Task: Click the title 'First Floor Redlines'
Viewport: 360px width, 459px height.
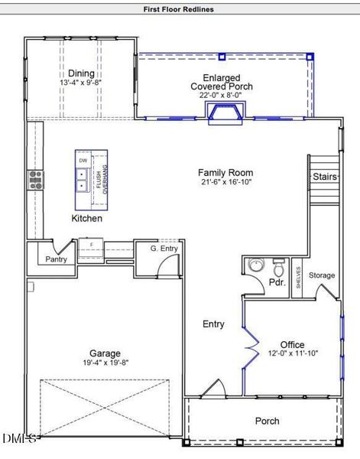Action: pyautogui.click(x=179, y=9)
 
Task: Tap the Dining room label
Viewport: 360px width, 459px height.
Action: pyautogui.click(x=81, y=73)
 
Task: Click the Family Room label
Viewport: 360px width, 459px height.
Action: pyautogui.click(x=225, y=173)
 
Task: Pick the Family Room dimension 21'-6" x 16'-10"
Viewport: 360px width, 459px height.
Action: pyautogui.click(x=225, y=183)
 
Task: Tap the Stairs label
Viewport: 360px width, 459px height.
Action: pyautogui.click(x=323, y=177)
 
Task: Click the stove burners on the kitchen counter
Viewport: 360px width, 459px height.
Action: pyautogui.click(x=35, y=180)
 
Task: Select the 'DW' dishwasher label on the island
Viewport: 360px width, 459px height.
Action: pyautogui.click(x=83, y=161)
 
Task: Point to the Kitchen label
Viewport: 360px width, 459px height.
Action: pyautogui.click(x=86, y=218)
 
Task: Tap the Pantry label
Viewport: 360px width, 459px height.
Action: pyautogui.click(x=56, y=259)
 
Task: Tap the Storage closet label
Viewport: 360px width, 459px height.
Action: pyautogui.click(x=322, y=275)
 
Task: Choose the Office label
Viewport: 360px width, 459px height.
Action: pyautogui.click(x=292, y=344)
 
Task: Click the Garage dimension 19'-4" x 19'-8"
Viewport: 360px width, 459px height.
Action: pyautogui.click(x=105, y=363)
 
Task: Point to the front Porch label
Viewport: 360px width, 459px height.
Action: pyautogui.click(x=267, y=421)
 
